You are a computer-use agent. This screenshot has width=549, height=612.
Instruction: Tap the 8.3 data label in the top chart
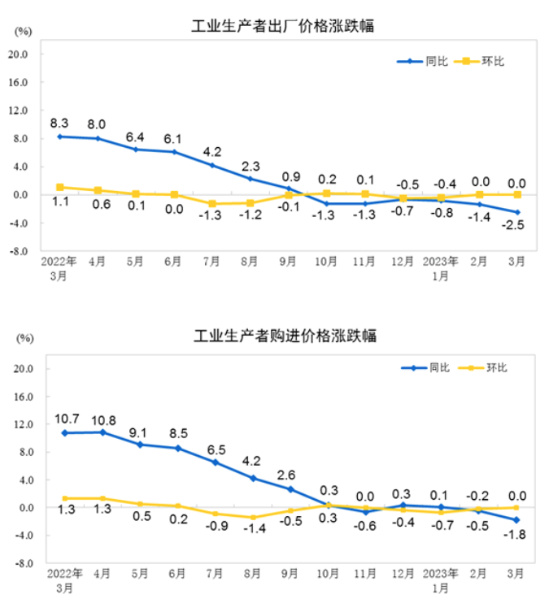(59, 124)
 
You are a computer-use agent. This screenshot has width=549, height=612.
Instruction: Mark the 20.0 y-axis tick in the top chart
(19, 54)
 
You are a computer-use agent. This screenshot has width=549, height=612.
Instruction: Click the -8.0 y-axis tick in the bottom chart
(20, 563)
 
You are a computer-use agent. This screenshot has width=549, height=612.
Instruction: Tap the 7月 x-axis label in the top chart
(211, 262)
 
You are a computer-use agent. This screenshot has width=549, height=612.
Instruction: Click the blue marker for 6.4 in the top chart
(136, 150)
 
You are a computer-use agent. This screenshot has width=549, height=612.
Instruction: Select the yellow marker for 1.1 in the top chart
(60, 187)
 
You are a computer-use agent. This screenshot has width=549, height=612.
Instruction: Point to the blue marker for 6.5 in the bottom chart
(216, 462)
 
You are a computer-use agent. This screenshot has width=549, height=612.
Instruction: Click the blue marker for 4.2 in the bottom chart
(253, 478)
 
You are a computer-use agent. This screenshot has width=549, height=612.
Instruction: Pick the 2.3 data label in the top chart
(251, 166)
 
